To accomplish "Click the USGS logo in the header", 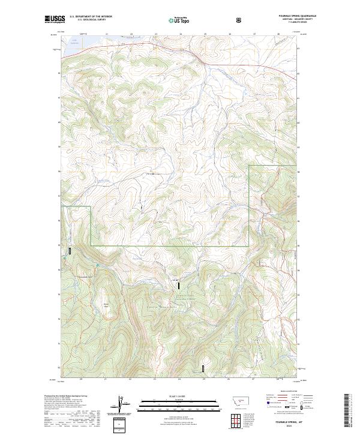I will click(x=55, y=19).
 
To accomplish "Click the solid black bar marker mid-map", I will click(x=178, y=286).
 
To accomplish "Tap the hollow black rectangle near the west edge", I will click(x=70, y=251).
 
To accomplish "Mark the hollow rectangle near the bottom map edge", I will click(x=203, y=368).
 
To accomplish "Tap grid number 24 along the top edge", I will click(x=180, y=34).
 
